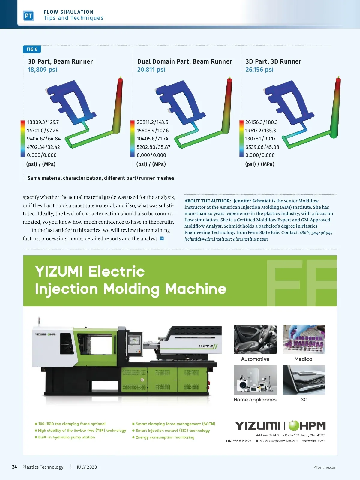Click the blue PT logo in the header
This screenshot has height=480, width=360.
coord(28,16)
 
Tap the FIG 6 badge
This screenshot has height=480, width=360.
coord(32,49)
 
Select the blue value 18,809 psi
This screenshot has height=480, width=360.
coord(42,70)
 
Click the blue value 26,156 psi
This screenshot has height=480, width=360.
coord(259,70)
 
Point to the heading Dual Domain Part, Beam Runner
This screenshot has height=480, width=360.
coord(184,61)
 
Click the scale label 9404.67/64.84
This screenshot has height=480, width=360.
coord(44,139)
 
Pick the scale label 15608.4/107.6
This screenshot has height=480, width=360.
coord(153,130)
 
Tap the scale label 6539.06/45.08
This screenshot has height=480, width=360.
coord(262,147)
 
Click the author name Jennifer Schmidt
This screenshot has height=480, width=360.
coord(252,201)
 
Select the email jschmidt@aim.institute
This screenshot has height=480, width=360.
coord(208,239)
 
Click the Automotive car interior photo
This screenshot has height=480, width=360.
coord(255,339)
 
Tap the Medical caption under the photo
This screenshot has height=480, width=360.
coord(304,359)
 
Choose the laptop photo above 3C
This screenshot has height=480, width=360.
coord(304,380)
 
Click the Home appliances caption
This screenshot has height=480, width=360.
coord(255,400)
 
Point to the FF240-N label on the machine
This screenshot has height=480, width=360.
coord(206,346)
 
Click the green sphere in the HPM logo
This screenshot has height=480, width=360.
coord(294,425)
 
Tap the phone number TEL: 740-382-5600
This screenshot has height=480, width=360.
coord(238,440)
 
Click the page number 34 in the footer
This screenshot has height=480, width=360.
coord(14,467)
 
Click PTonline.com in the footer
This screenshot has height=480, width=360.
coord(325,467)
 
